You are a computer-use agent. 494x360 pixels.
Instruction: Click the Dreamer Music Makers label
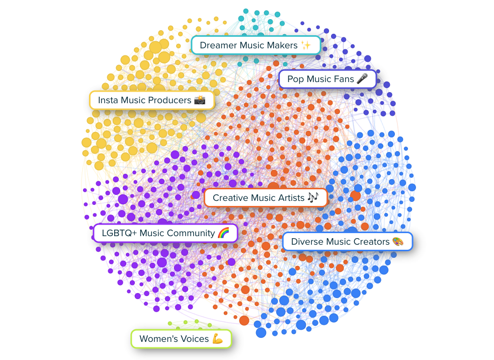(x=256, y=45)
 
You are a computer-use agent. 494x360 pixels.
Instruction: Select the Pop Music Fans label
(x=327, y=79)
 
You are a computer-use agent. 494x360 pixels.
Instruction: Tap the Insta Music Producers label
(x=151, y=100)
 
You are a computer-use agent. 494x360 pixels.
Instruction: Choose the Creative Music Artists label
(x=266, y=198)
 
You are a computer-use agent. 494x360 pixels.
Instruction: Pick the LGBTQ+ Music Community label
(x=166, y=233)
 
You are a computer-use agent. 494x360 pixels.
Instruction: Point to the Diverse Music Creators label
(x=347, y=242)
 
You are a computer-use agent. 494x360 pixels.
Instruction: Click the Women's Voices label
(x=181, y=339)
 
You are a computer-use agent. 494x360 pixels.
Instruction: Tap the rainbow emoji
(x=224, y=233)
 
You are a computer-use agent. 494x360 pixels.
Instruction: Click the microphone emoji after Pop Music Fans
(x=362, y=79)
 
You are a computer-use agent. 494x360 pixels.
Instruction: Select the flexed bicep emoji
(x=217, y=339)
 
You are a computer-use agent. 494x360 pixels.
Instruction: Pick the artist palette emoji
(x=398, y=242)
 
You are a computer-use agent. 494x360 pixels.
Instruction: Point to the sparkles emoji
(x=306, y=45)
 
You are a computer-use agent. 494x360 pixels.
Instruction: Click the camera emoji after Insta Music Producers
(x=200, y=100)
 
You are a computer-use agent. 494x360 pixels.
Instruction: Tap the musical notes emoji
(x=313, y=198)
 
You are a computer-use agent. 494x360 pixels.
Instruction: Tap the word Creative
(x=231, y=198)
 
